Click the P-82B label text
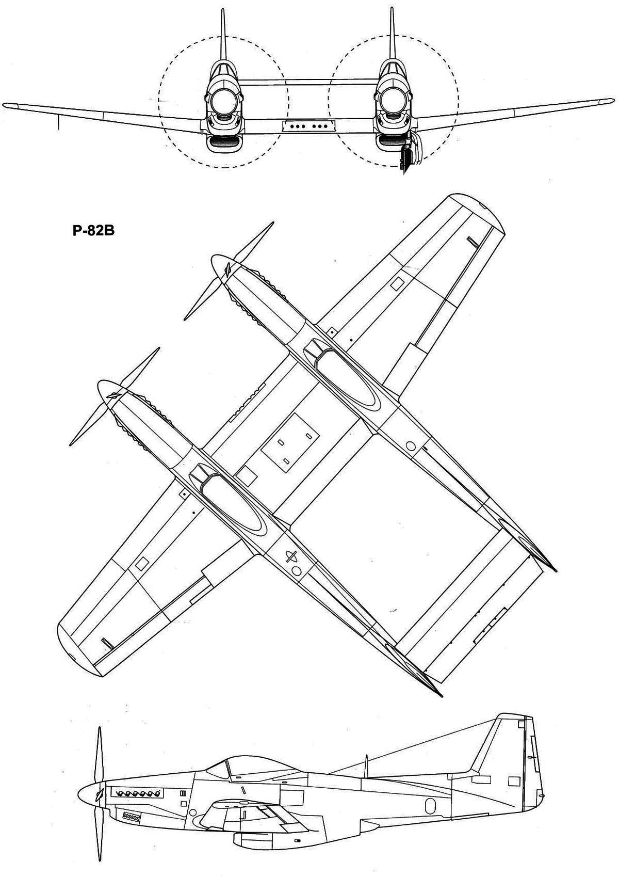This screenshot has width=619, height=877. [93, 231]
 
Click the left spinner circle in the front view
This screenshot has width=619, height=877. [223, 100]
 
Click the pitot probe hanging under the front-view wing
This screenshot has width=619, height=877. [58, 122]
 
